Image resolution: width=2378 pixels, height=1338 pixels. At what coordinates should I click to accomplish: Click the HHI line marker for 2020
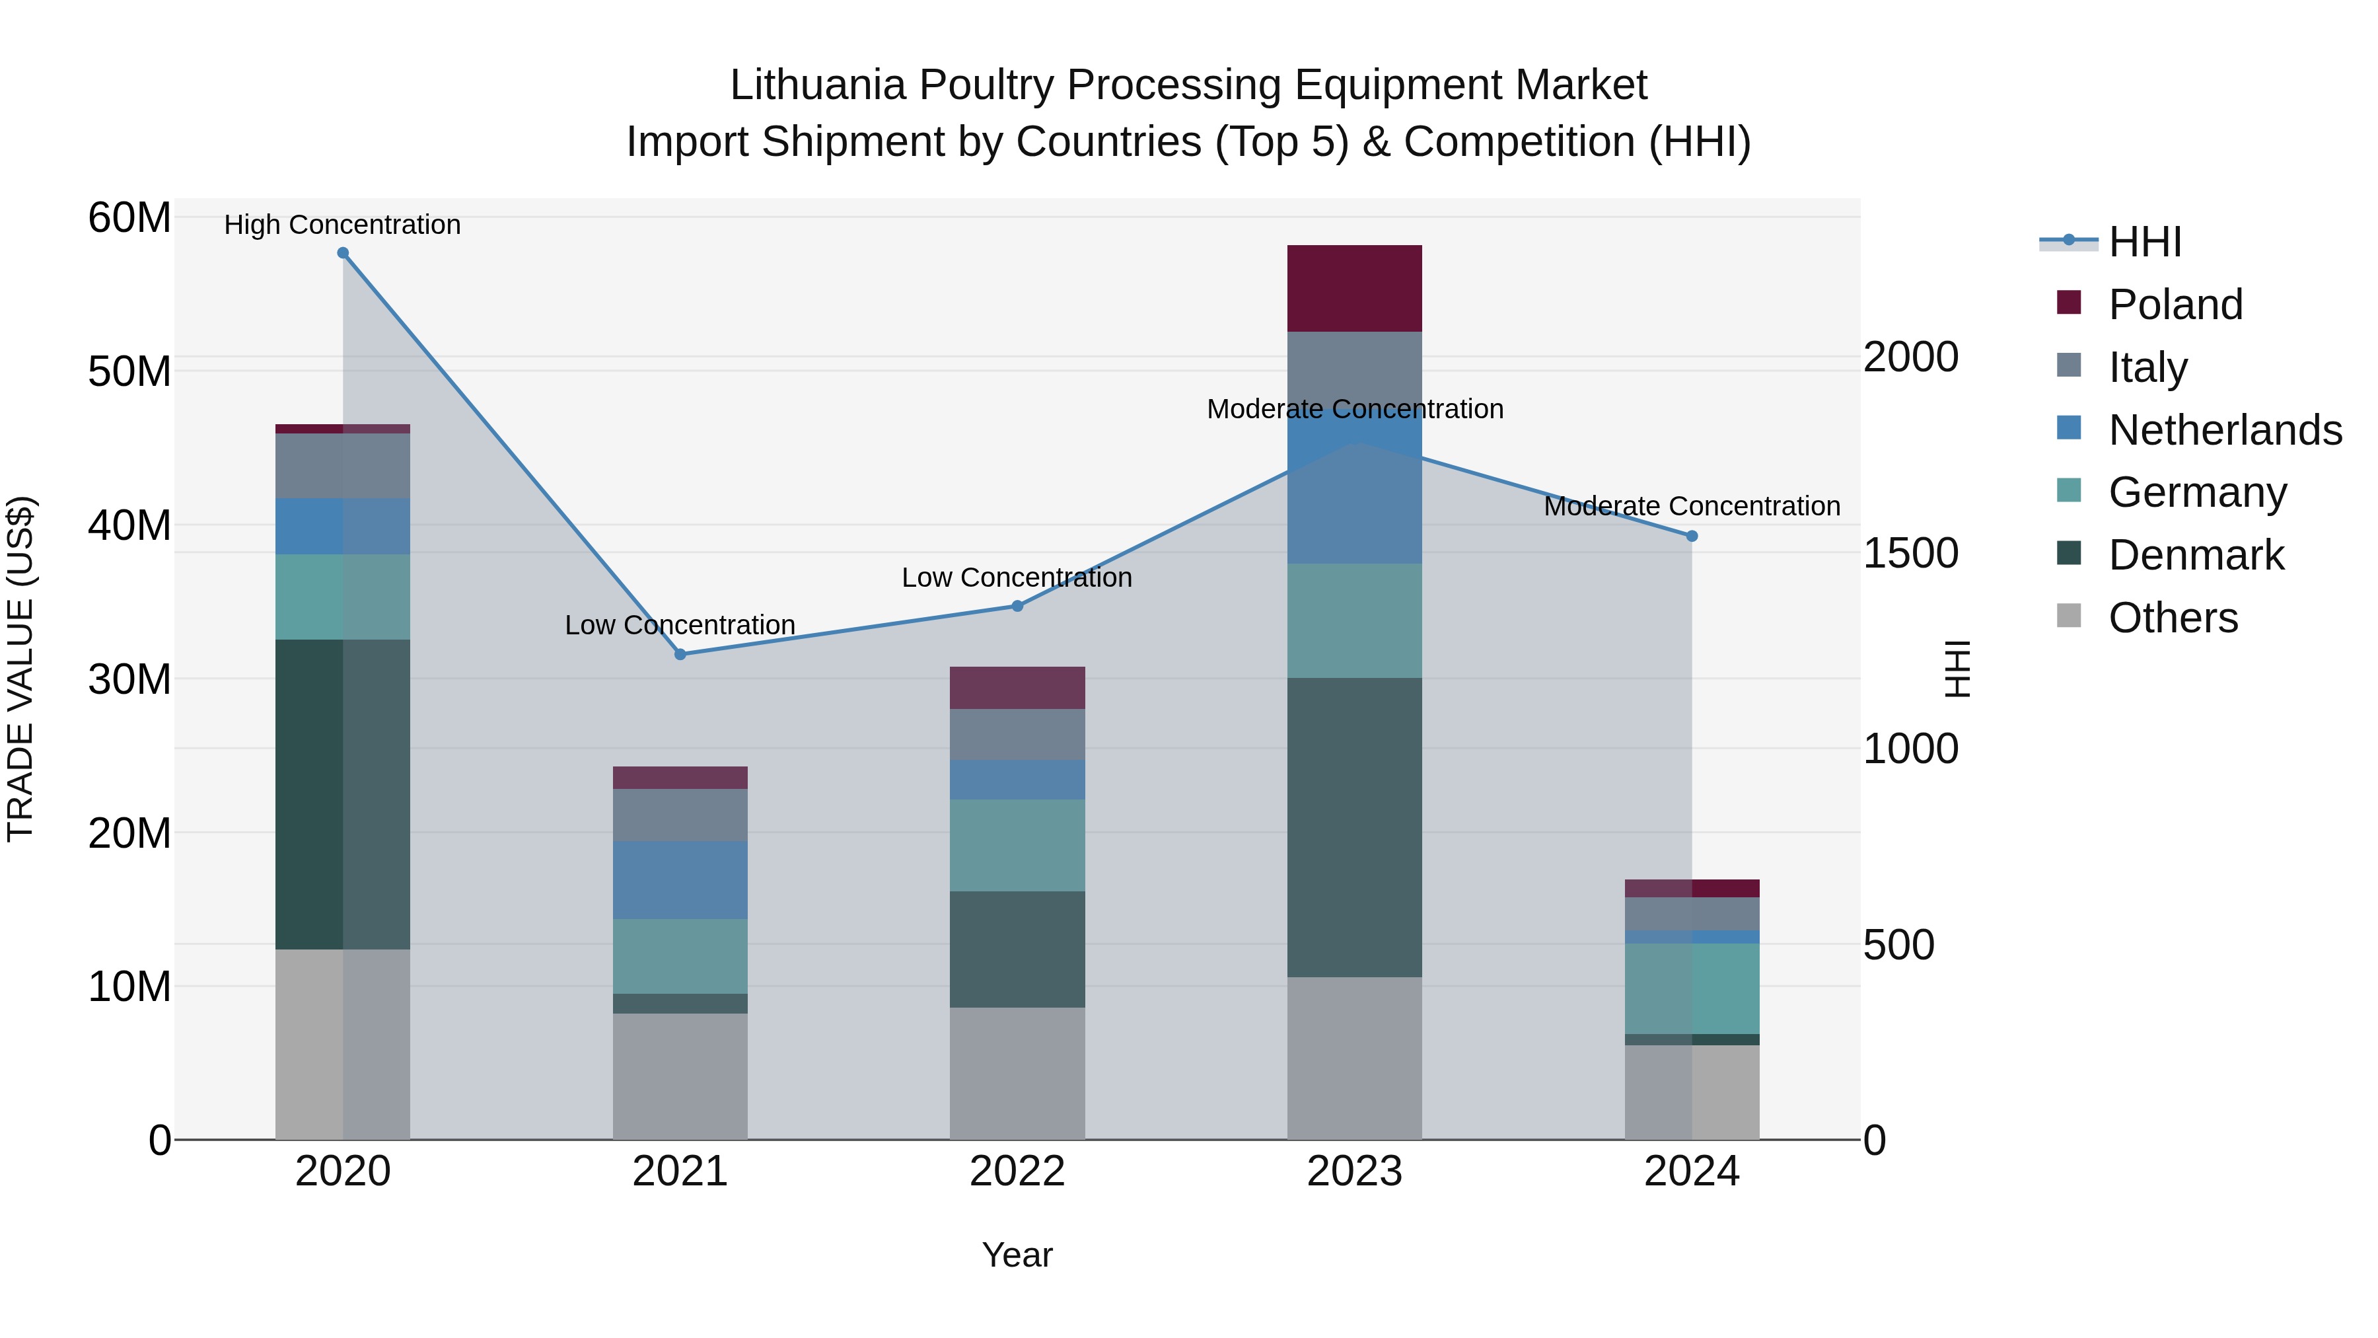click(x=342, y=253)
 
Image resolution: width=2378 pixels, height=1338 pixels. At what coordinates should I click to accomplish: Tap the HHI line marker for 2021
click(x=680, y=655)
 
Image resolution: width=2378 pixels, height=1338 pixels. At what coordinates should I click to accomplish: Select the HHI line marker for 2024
click(x=1692, y=537)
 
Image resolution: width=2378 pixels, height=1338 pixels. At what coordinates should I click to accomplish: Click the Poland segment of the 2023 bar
click(x=1354, y=288)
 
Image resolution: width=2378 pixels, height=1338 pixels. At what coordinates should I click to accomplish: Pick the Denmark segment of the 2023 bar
click(x=1354, y=827)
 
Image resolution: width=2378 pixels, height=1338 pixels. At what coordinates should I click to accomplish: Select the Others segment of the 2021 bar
click(x=680, y=1077)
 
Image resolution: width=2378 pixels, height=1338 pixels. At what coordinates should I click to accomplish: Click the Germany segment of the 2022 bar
click(x=1017, y=845)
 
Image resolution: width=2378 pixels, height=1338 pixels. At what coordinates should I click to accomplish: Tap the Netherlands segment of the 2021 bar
click(x=680, y=880)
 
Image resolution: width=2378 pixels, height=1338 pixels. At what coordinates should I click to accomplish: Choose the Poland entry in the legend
click(x=2175, y=305)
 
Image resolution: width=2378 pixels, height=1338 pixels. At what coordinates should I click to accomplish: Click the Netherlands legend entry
click(x=2225, y=430)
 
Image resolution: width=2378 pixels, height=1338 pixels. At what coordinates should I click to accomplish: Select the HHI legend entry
click(x=2144, y=242)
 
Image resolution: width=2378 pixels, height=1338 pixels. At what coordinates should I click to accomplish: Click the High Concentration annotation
click(x=342, y=225)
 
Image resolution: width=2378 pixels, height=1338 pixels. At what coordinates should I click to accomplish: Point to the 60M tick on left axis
click(x=129, y=219)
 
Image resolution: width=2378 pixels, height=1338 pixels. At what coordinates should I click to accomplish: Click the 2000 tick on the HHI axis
click(x=1910, y=357)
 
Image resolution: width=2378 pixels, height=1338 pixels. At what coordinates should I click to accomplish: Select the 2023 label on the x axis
click(x=1354, y=1171)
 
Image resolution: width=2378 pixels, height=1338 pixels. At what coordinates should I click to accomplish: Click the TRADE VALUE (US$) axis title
click(x=20, y=669)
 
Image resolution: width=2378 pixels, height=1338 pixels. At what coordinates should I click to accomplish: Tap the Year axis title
click(x=1017, y=1255)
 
